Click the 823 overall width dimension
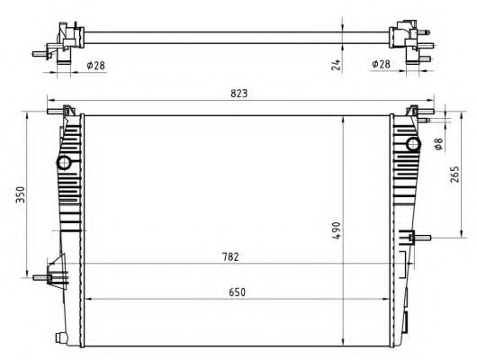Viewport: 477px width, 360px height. (x=238, y=94)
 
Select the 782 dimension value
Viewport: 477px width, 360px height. (x=230, y=257)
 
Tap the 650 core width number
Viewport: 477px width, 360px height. (x=237, y=292)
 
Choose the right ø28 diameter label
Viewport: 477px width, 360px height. (x=381, y=65)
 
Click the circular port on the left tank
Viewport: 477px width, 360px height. (x=65, y=163)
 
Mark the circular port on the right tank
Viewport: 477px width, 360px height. (x=412, y=145)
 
